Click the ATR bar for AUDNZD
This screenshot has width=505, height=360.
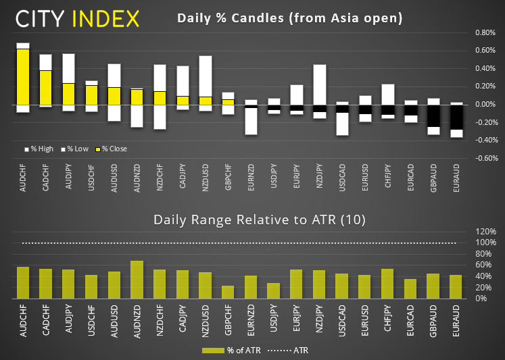coord(137,280)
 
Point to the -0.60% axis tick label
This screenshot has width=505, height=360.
coord(485,159)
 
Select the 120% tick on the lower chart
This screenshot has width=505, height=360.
coord(485,231)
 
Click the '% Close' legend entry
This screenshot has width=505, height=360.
coord(113,149)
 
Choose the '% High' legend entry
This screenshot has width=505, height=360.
coord(41,149)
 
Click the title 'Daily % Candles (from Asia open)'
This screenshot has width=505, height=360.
coord(289,18)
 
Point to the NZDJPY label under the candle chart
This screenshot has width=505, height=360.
coord(319,178)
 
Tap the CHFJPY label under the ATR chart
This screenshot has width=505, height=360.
coord(388,317)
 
